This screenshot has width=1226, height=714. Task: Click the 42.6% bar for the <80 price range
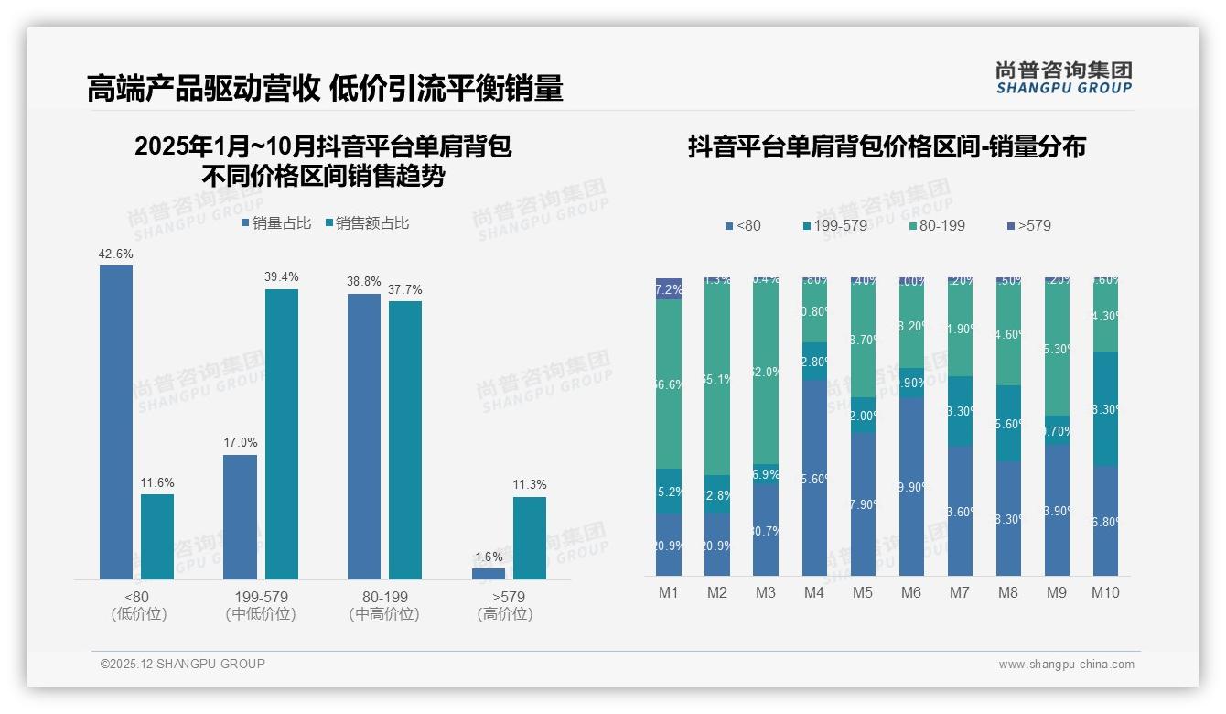coord(116,421)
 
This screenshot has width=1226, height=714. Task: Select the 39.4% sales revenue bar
coord(282,434)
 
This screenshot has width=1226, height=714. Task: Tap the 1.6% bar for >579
coord(489,574)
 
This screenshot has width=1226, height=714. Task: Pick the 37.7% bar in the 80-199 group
coord(405,439)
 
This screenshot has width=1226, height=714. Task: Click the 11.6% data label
coord(157,482)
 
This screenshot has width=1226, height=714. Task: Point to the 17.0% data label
coord(241,443)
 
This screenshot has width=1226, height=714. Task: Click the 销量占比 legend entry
coord(276,223)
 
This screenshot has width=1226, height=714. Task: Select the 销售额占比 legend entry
coord(366,223)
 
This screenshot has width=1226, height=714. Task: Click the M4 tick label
coord(814,592)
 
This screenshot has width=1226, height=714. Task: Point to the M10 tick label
coord(1105,592)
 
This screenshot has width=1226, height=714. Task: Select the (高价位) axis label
coord(505,614)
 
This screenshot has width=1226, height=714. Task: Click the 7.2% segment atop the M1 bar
coord(669,289)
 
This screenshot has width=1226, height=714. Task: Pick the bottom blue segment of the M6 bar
coord(911,485)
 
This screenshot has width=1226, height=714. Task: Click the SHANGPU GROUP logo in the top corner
coord(1063,77)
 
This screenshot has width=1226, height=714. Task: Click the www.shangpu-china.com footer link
coord(1066,665)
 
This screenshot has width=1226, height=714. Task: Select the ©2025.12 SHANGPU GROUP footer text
coord(183,664)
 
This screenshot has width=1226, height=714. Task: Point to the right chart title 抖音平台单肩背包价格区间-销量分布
coord(887,147)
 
